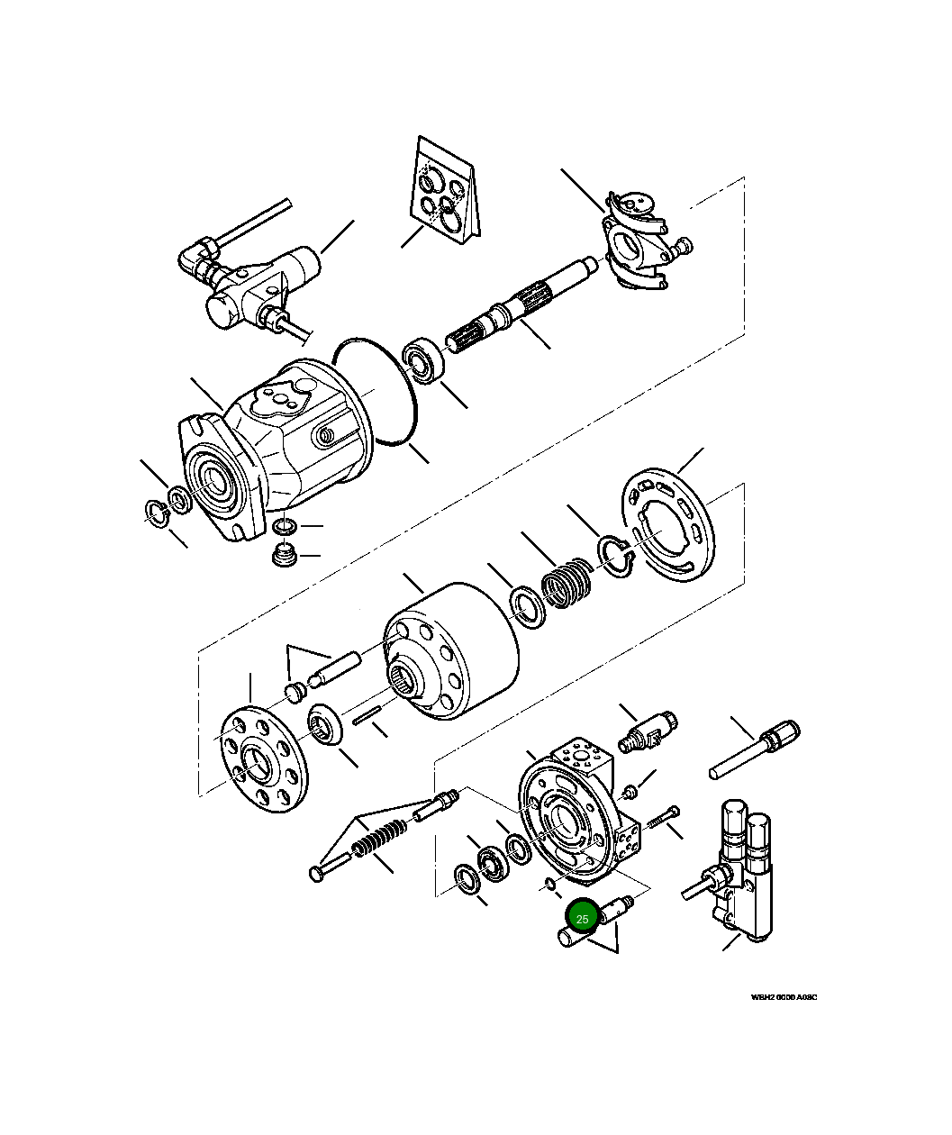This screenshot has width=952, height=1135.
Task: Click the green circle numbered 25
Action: [582, 918]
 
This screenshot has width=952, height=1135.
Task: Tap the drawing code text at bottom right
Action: [784, 997]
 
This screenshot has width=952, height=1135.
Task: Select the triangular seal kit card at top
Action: [445, 194]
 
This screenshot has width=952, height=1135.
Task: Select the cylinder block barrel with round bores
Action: [450, 650]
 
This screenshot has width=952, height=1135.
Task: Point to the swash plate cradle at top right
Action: [641, 241]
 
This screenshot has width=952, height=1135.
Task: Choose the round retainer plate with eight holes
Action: [264, 758]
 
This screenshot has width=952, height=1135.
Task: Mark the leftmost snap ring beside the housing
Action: [158, 513]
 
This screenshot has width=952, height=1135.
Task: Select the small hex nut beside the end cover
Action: [631, 792]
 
